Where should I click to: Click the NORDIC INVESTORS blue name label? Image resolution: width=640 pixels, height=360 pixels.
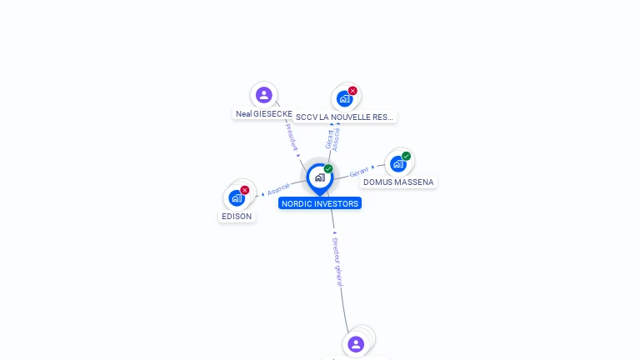pyautogui.click(x=320, y=203)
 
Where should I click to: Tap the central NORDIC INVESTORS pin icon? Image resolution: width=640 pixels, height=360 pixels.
pyautogui.click(x=319, y=177)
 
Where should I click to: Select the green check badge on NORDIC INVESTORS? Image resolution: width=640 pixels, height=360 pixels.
pyautogui.click(x=328, y=169)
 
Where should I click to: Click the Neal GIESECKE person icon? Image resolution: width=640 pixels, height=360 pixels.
pyautogui.click(x=264, y=95)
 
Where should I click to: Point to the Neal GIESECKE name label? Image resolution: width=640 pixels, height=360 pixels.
pyautogui.click(x=264, y=113)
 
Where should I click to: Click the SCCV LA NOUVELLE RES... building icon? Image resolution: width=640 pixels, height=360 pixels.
pyautogui.click(x=344, y=98)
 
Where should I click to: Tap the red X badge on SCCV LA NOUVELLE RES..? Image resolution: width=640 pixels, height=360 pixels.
pyautogui.click(x=352, y=91)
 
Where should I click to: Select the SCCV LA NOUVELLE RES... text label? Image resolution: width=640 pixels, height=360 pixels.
pyautogui.click(x=345, y=117)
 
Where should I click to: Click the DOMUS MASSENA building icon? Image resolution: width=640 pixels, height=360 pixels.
pyautogui.click(x=398, y=163)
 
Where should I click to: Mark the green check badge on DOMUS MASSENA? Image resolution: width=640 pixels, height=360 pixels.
pyautogui.click(x=406, y=156)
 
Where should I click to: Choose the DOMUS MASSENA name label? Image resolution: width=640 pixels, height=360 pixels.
pyautogui.click(x=398, y=182)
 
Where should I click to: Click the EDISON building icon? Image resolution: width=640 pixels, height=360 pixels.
pyautogui.click(x=237, y=198)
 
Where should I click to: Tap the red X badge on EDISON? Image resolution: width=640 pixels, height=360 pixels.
pyautogui.click(x=244, y=190)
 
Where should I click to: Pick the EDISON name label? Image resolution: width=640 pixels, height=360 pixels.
pyautogui.click(x=237, y=217)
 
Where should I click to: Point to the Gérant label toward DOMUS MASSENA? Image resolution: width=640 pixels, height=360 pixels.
pyautogui.click(x=359, y=172)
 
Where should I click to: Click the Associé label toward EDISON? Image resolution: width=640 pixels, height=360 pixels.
pyautogui.click(x=278, y=189)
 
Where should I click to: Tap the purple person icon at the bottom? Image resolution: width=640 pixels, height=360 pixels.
pyautogui.click(x=356, y=344)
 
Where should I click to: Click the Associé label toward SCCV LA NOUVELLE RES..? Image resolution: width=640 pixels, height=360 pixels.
pyautogui.click(x=336, y=137)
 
